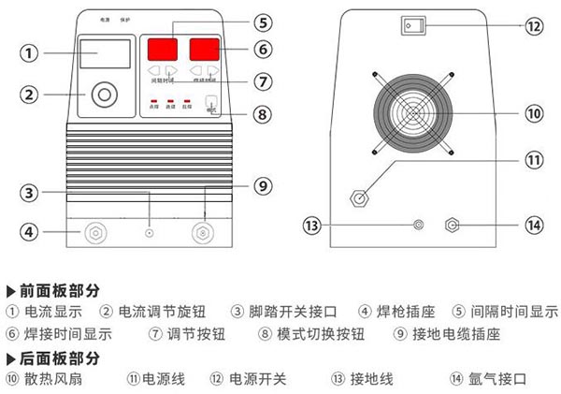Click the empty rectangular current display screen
[102, 54]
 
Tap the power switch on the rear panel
[410, 26]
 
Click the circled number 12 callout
[533, 27]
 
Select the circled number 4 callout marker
[31, 230]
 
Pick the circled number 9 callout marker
[262, 184]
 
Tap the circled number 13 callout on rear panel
[312, 225]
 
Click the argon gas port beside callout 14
[453, 225]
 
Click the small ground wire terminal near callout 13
[419, 225]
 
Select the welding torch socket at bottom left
[95, 231]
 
